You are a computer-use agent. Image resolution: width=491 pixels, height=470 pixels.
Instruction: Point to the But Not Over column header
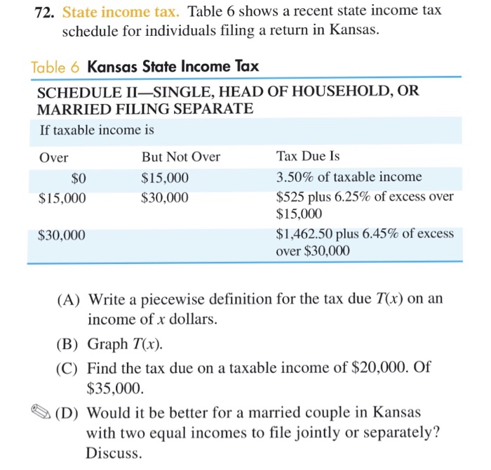[x=180, y=157]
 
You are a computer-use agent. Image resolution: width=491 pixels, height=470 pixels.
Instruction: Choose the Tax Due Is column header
[x=308, y=157]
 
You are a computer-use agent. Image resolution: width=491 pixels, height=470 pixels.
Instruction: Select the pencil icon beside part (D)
[x=40, y=412]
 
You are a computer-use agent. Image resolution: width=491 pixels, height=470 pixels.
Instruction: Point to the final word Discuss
[x=114, y=453]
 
